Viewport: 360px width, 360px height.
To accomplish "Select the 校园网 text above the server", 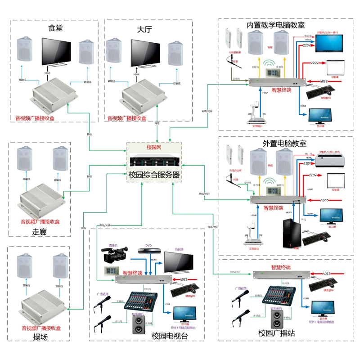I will pos(154,148).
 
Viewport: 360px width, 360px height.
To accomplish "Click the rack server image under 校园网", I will pos(153,161).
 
